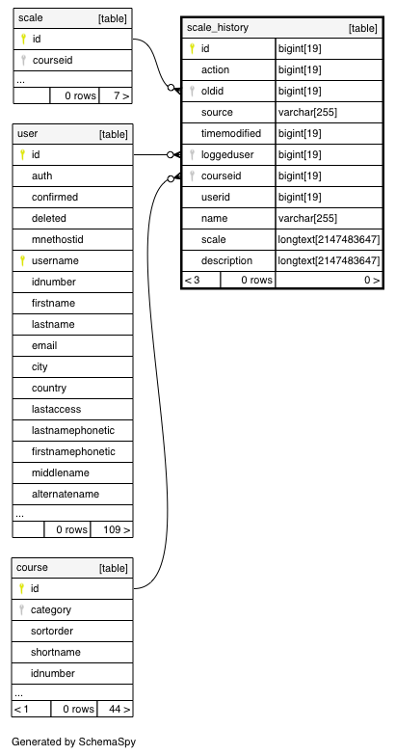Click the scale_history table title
(x=218, y=27)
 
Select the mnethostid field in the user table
(x=57, y=239)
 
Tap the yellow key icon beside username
(x=22, y=260)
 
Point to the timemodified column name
(x=231, y=133)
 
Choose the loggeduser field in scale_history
(x=227, y=154)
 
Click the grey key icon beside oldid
(x=192, y=91)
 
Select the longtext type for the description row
(x=329, y=260)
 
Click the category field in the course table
(x=50, y=609)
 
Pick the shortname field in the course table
(x=55, y=652)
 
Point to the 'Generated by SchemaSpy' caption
(x=73, y=742)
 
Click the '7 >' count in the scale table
(x=121, y=95)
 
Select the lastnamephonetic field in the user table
(x=73, y=430)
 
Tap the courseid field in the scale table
(x=52, y=60)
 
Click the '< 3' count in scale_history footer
(x=193, y=280)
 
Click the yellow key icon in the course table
(x=21, y=588)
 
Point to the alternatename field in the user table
(x=66, y=494)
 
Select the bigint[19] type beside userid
(x=300, y=197)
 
